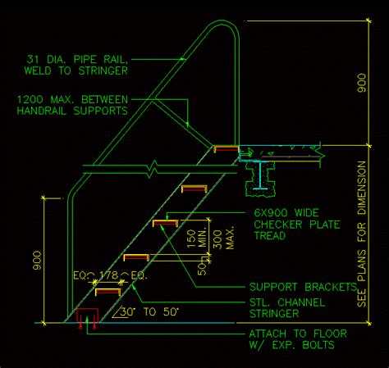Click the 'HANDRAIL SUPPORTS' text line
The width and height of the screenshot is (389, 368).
[x=72, y=110]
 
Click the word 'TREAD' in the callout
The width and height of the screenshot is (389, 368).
[x=270, y=235]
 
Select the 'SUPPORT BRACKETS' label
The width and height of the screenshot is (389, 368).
[x=302, y=288]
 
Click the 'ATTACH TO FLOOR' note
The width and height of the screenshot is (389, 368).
[x=298, y=334]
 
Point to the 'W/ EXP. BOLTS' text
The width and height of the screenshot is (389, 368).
[x=292, y=346]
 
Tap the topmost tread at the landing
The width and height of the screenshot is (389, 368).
[x=227, y=149]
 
